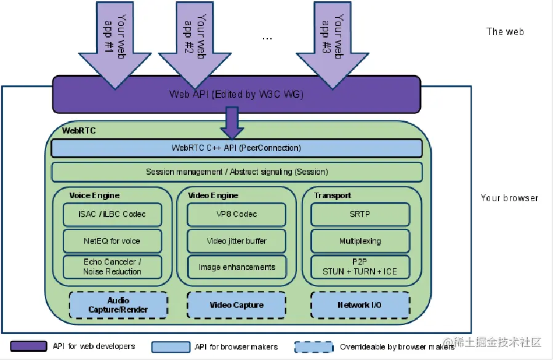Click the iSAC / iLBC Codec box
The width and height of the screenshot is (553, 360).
coord(112,215)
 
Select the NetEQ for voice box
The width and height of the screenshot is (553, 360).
coord(112,241)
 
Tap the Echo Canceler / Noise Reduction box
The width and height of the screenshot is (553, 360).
coord(112,267)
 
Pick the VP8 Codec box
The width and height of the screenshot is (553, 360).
coord(237,215)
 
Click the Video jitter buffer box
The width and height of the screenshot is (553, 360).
coord(237,241)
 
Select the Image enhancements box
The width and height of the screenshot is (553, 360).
coord(237,267)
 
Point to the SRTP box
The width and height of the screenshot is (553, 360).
coord(360,215)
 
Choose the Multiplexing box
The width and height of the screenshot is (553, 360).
coord(360,241)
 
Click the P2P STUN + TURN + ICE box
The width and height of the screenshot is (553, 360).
coord(360,267)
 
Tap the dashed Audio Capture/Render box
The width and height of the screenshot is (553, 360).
coord(118,305)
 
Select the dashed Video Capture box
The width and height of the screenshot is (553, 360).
coord(236,305)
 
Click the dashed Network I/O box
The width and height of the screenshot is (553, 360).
coord(360,305)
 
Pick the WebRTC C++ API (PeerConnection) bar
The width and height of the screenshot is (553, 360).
coord(236,148)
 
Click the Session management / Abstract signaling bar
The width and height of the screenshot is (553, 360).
coord(236,172)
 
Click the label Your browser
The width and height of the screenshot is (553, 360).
coord(509,198)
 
